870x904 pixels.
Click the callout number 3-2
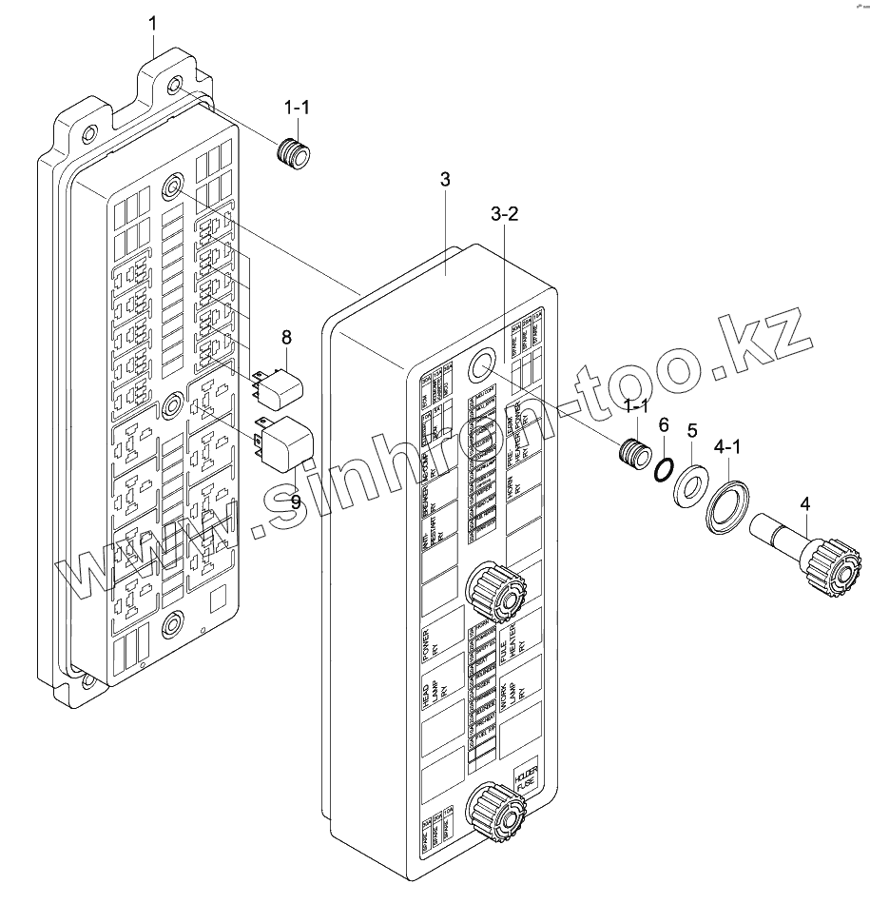click(504, 214)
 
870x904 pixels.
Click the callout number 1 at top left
click(153, 24)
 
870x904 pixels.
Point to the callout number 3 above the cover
click(446, 180)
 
